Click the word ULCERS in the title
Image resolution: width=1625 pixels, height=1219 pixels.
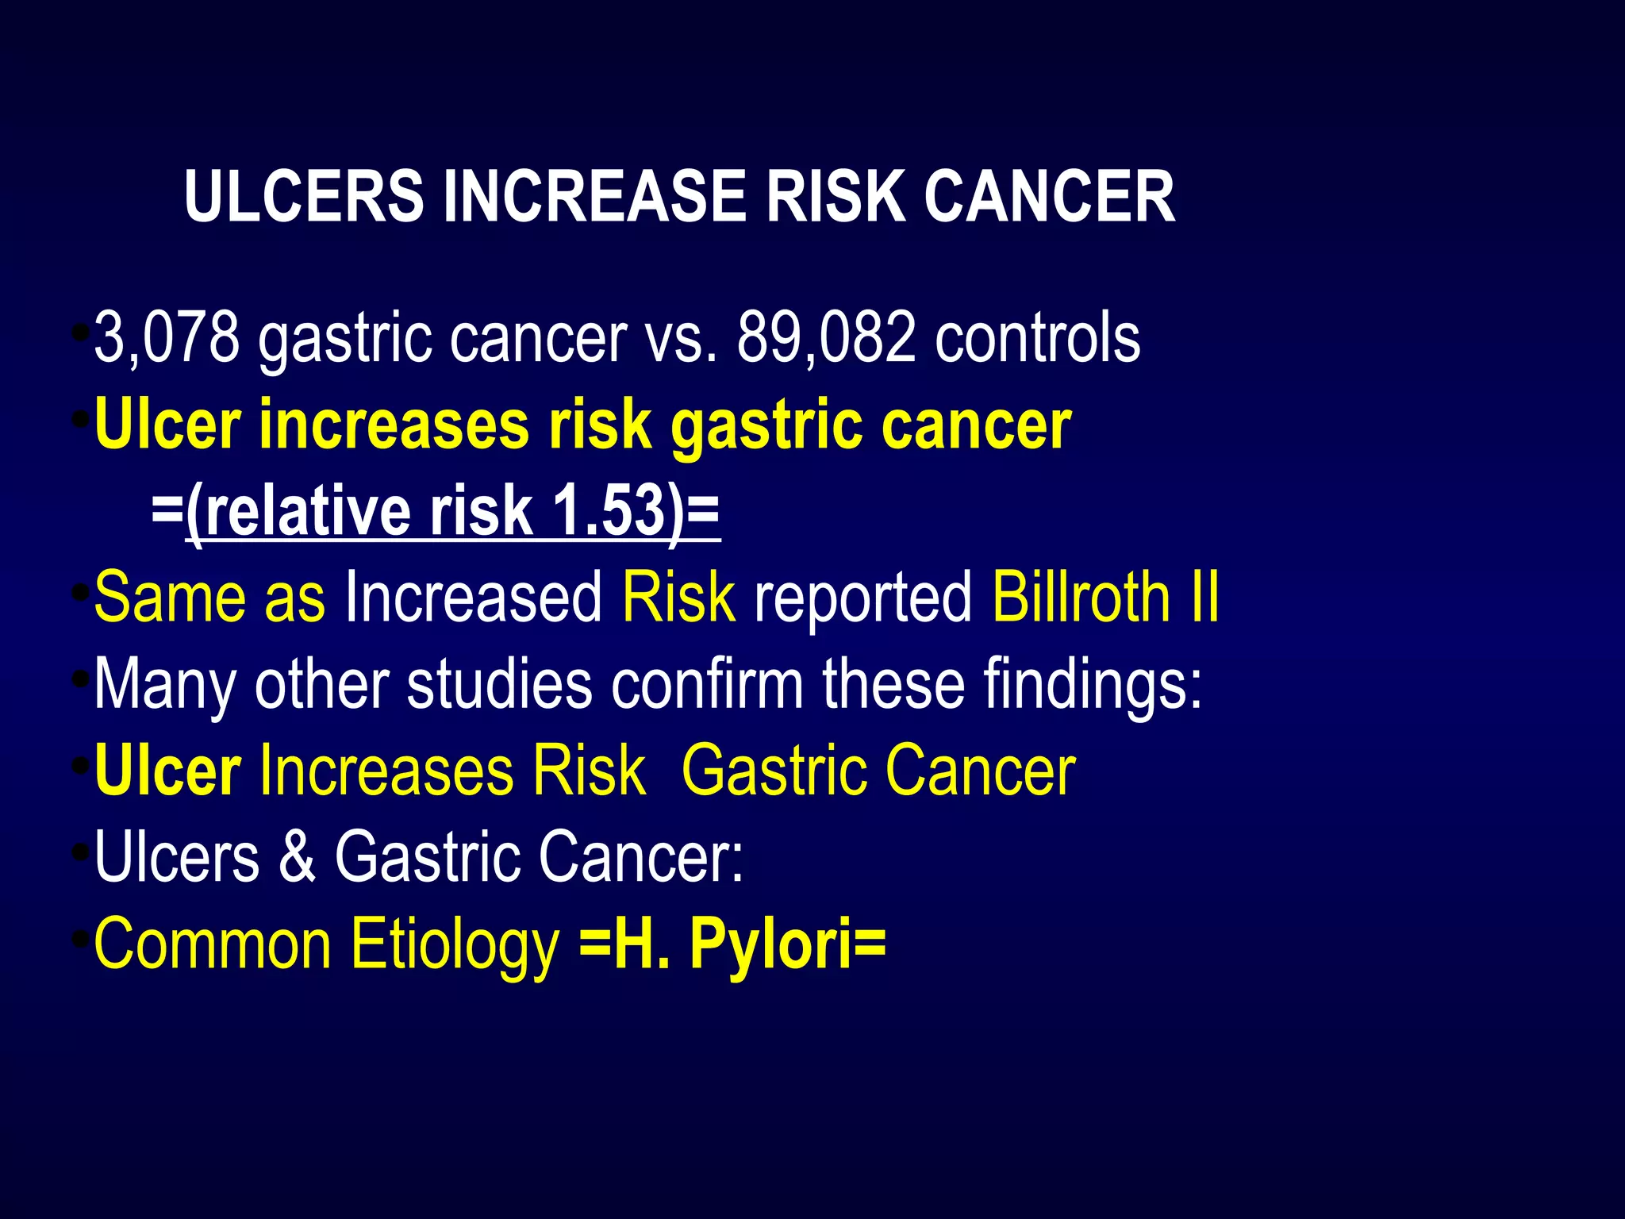pyautogui.click(x=304, y=196)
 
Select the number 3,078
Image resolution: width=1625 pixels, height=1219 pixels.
pyautogui.click(x=167, y=337)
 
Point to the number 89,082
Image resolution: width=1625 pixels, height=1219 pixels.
pyautogui.click(x=826, y=337)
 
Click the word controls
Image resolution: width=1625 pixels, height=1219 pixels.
pyautogui.click(x=1038, y=337)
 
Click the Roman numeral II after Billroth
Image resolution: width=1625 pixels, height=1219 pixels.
pyautogui.click(x=1204, y=597)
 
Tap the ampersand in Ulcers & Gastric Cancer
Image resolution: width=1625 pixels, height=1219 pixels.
pyautogui.click(x=297, y=856)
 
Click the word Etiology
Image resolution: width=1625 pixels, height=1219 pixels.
pyautogui.click(x=455, y=944)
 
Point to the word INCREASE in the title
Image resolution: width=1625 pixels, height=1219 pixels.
pyautogui.click(x=594, y=196)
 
